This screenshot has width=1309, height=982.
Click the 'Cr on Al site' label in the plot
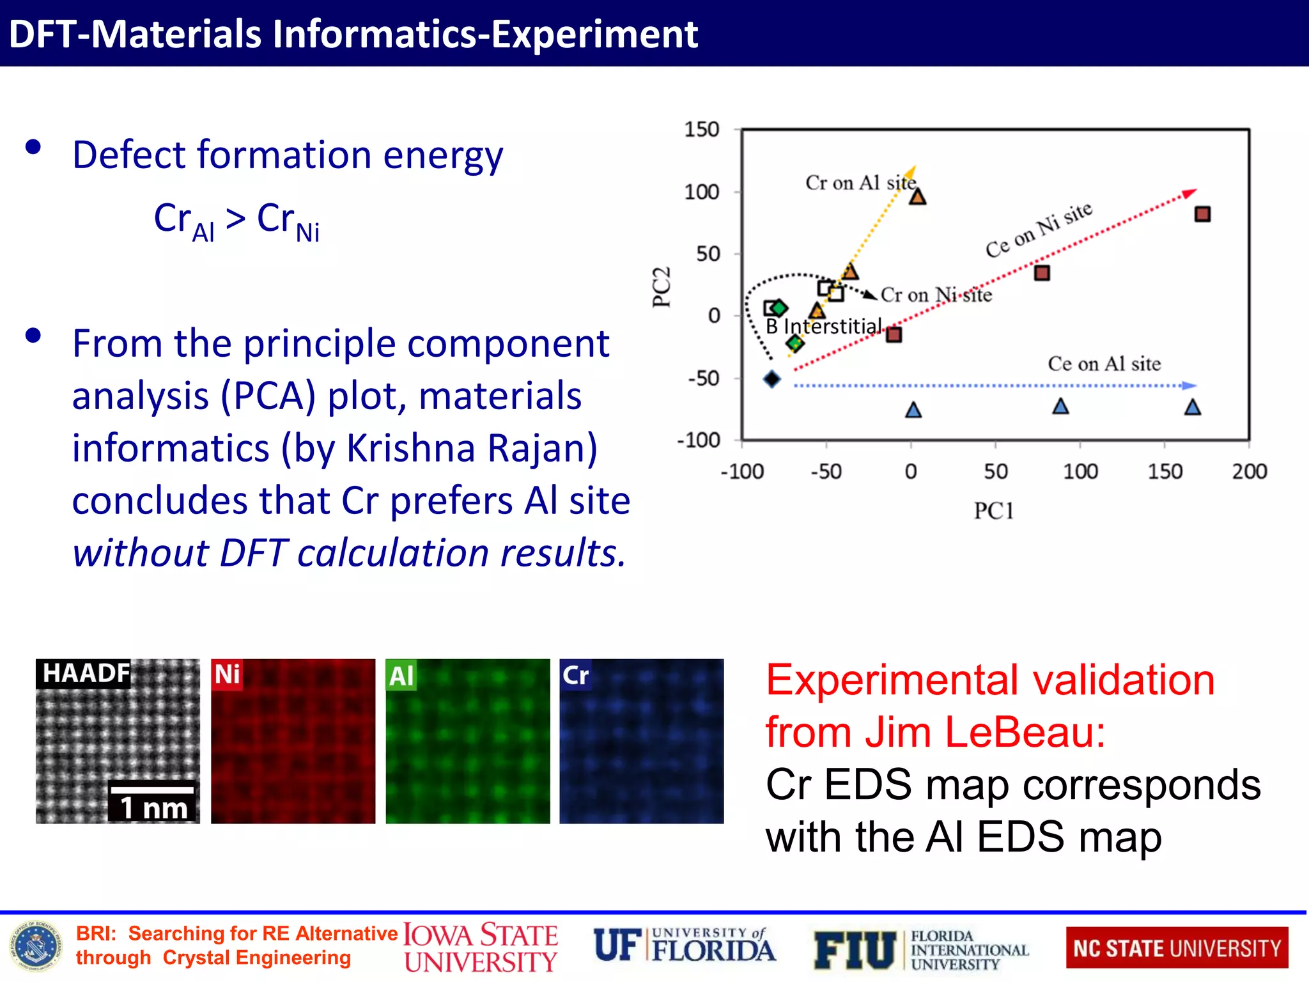click(860, 183)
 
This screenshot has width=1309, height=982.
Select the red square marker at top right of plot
click(1202, 214)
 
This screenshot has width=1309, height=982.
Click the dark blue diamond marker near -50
click(772, 379)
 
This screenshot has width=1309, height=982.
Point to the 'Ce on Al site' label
click(1104, 364)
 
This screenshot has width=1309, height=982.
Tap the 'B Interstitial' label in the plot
click(823, 327)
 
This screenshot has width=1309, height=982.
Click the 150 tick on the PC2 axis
click(701, 130)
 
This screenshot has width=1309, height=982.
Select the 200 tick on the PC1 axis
click(1249, 472)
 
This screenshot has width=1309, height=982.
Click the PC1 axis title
click(993, 511)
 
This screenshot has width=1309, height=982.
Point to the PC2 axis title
click(662, 287)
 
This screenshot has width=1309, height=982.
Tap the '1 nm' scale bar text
click(153, 808)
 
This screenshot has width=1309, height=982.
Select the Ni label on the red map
click(227, 674)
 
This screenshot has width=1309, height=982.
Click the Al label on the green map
click(401, 676)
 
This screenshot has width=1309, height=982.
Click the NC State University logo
click(1177, 948)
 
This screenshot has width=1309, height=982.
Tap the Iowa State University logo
click(481, 948)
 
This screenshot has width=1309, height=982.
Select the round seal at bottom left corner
click(36, 947)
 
